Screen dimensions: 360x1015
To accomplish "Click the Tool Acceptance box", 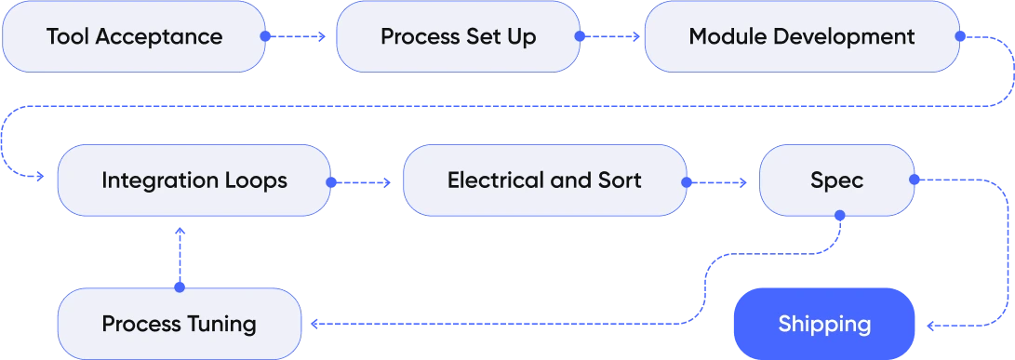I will pyautogui.click(x=135, y=37).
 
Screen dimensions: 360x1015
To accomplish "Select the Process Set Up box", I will pyautogui.click(x=458, y=37).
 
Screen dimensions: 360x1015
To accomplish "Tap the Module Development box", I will pyautogui.click(x=801, y=37).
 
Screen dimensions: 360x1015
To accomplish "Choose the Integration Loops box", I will pyautogui.click(x=194, y=180).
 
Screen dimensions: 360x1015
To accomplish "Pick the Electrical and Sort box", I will pyautogui.click(x=544, y=180).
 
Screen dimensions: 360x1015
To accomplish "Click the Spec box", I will pyautogui.click(x=836, y=180).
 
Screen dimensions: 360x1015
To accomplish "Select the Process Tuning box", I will pyautogui.click(x=180, y=324).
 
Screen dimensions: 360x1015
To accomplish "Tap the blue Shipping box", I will pyautogui.click(x=824, y=324).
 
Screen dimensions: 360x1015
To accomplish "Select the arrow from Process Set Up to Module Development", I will pyautogui.click(x=611, y=37).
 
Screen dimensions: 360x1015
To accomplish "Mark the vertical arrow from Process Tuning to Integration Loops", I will pyautogui.click(x=180, y=256).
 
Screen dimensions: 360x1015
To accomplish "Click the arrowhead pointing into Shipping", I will pyautogui.click(x=928, y=326).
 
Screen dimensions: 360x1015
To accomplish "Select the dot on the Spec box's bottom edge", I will pyautogui.click(x=839, y=215).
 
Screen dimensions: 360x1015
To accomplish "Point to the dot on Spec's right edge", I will pyautogui.click(x=913, y=179).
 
